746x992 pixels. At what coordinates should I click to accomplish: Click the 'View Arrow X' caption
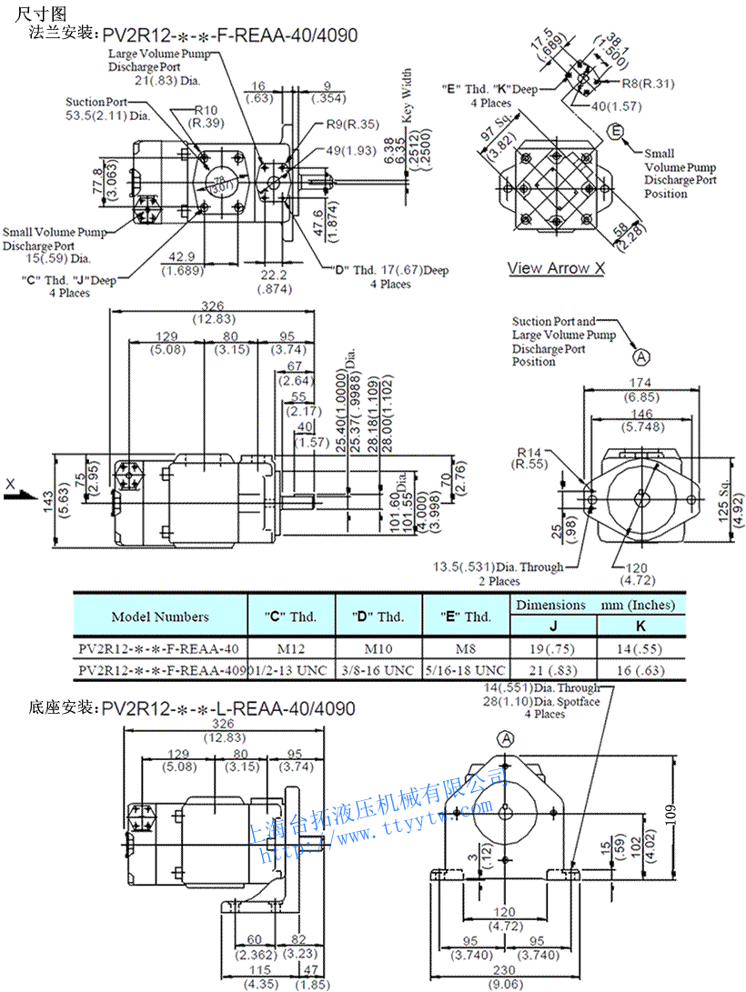(556, 268)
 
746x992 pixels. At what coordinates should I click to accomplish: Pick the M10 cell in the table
(378, 649)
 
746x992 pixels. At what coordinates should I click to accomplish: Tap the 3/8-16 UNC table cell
(378, 670)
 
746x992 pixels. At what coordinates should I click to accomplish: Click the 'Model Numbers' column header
(160, 616)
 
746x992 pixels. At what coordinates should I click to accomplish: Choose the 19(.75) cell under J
(553, 649)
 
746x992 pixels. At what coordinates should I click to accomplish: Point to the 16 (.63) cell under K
(636, 670)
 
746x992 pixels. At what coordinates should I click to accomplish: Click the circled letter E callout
(616, 134)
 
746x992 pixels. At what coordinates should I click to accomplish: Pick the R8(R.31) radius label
(648, 84)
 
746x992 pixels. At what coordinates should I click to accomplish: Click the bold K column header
(636, 626)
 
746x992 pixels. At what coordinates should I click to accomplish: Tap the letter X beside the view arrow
(10, 483)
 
